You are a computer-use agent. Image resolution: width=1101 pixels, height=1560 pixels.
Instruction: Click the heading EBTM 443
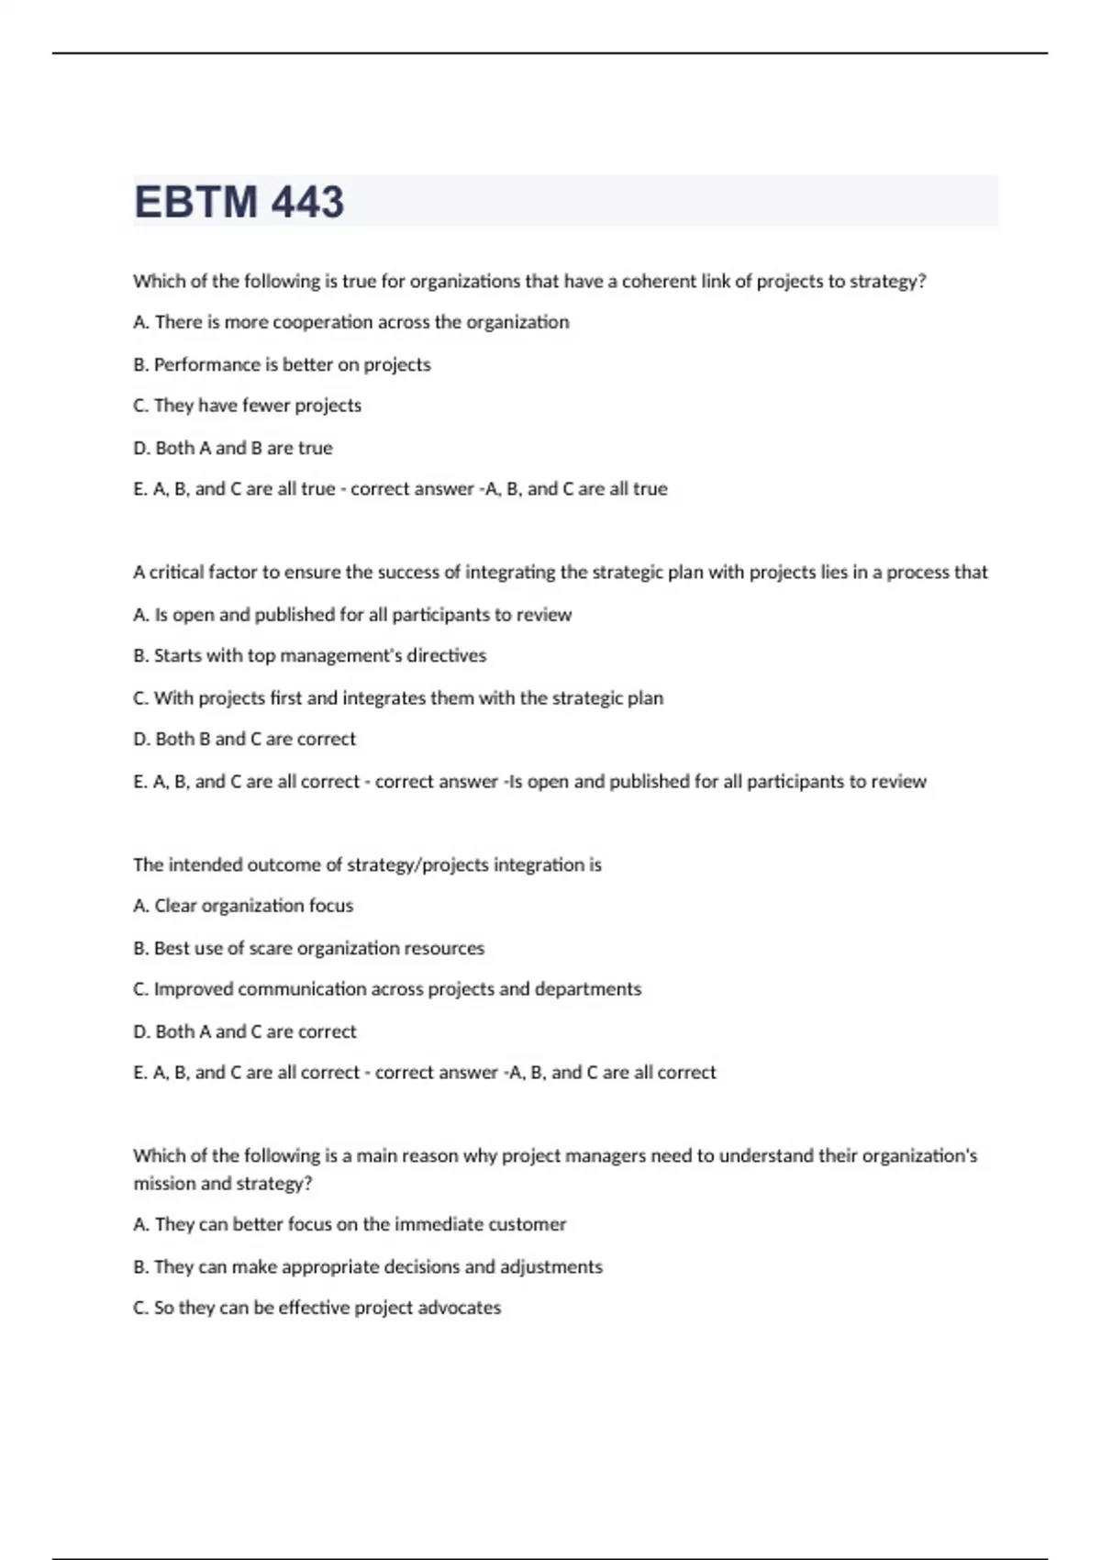239,202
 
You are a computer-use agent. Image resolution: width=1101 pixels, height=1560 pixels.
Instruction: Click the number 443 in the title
307,202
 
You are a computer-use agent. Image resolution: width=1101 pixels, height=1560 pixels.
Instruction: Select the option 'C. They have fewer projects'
247,406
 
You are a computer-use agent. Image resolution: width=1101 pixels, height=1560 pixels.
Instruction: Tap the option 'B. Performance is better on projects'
282,364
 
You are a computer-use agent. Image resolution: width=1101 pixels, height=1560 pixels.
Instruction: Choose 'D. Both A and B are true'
233,448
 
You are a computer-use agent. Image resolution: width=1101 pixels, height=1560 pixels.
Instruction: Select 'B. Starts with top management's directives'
309,655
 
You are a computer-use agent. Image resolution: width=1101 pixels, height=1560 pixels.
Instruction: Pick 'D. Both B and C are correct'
244,739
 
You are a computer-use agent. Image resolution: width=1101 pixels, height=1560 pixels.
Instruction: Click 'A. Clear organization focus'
243,906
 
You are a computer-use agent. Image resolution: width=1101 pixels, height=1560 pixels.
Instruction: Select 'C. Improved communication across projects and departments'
387,989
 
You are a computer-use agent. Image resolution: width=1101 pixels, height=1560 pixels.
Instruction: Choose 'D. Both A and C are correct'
244,1031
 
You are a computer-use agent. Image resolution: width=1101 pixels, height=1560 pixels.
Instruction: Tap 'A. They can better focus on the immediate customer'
350,1224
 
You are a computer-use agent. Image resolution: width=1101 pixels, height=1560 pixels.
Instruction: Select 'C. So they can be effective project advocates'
317,1308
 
